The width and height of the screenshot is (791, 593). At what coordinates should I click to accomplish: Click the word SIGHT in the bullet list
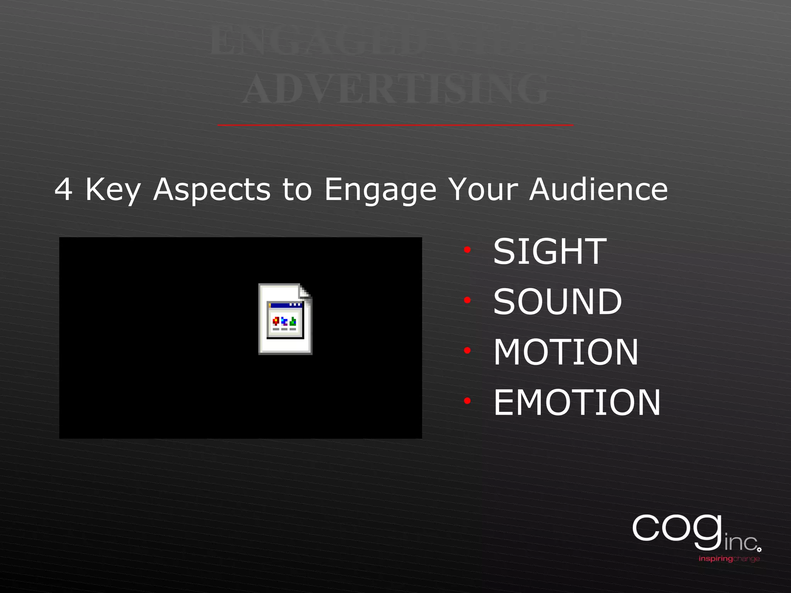[x=550, y=252]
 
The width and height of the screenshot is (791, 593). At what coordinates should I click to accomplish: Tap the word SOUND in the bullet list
[x=557, y=302]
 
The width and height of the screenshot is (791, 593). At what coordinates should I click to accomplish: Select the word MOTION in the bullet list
[x=566, y=352]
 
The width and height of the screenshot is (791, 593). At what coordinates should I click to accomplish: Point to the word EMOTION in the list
[x=577, y=403]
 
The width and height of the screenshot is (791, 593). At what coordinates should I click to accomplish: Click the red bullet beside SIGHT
[x=467, y=250]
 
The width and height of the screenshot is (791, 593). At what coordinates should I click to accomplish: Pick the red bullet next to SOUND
[x=467, y=300]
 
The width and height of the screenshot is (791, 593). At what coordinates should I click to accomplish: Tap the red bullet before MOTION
[x=467, y=351]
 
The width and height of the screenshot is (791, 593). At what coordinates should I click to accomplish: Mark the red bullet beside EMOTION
[x=467, y=401]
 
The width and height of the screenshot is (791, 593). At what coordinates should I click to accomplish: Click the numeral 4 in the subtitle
[x=63, y=190]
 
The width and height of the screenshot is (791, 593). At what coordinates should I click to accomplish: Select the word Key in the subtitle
[x=113, y=190]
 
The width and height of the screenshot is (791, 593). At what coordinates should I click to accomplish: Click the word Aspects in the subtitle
[x=212, y=190]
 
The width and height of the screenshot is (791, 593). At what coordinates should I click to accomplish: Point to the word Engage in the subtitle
[x=380, y=190]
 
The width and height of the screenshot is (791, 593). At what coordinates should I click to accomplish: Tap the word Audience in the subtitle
[x=598, y=189]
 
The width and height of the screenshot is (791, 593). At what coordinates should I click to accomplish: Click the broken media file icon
[x=285, y=319]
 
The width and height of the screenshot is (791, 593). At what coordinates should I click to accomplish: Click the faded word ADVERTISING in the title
[x=395, y=89]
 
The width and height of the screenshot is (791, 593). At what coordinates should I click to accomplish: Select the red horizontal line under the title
[x=395, y=125]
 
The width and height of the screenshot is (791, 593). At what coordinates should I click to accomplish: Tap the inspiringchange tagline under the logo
[x=729, y=559]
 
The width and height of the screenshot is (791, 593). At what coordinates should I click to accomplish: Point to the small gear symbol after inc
[x=759, y=549]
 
